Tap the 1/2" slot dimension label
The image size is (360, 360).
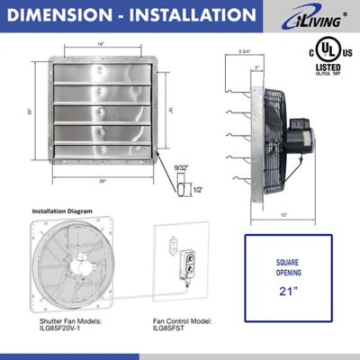[197, 190]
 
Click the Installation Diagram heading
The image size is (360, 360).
[62, 212]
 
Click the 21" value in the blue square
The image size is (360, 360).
[288, 291]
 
